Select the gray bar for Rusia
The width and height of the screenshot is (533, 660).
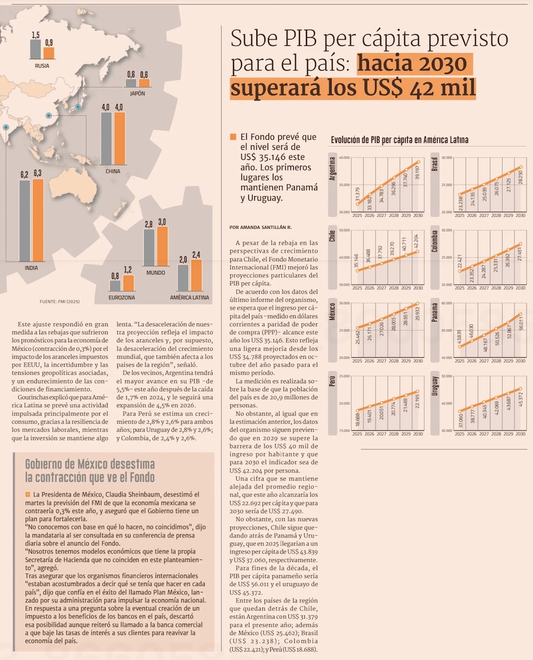click(x=35, y=49)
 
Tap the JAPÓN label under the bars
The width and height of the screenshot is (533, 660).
click(x=138, y=93)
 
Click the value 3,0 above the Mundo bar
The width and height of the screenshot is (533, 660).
click(x=162, y=222)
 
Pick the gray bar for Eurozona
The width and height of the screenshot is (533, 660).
click(x=115, y=285)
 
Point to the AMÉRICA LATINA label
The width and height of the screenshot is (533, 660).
click(x=190, y=297)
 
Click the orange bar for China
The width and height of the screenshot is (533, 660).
click(x=119, y=139)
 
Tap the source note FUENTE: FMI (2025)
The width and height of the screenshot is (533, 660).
click(x=60, y=302)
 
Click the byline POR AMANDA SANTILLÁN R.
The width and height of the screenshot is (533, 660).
click(x=261, y=227)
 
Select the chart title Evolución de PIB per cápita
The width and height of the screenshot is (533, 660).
click(x=400, y=140)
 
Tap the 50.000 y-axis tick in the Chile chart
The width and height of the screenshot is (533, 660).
click(x=344, y=230)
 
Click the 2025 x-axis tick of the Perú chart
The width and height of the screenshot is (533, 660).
click(x=357, y=434)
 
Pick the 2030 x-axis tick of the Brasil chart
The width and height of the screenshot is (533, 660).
click(x=521, y=215)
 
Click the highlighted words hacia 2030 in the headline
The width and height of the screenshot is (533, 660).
click(x=412, y=63)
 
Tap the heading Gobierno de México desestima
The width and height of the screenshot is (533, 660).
click(x=90, y=464)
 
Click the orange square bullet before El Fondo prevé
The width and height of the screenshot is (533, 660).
click(x=233, y=137)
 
